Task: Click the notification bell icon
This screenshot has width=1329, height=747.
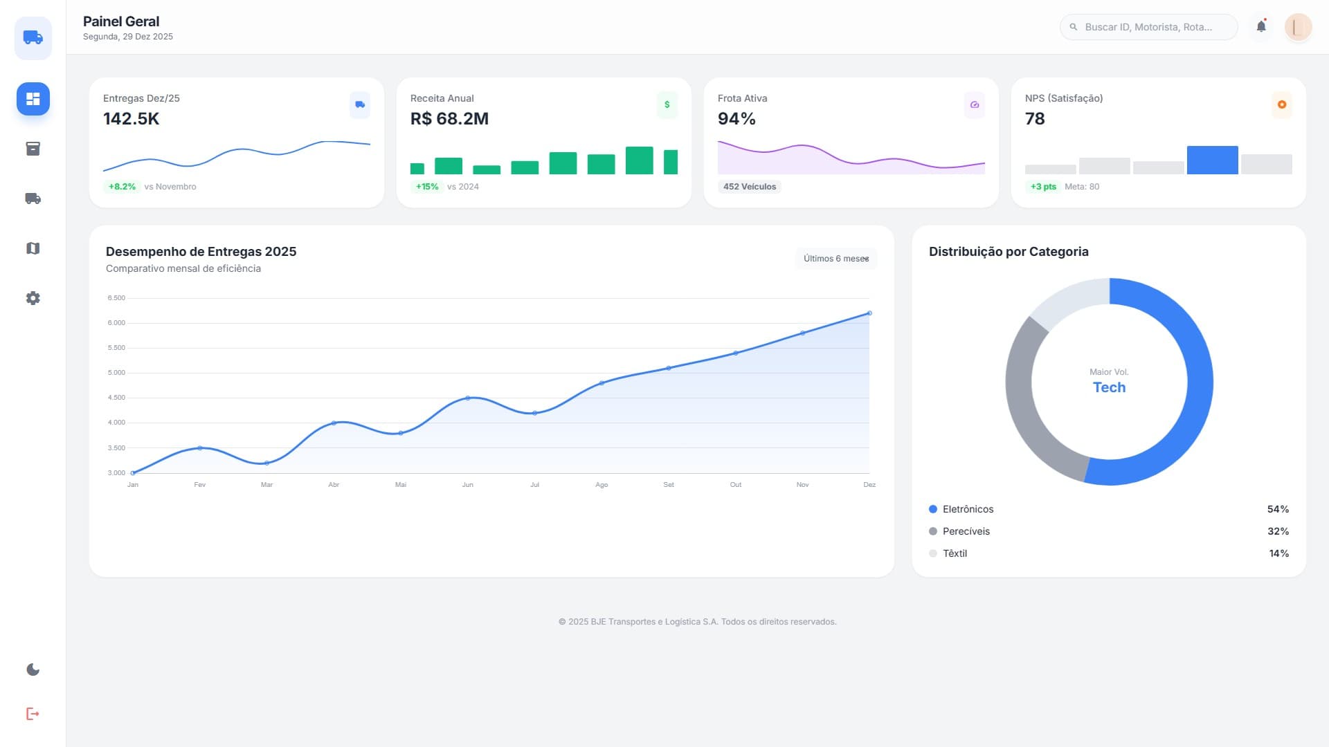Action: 1261,26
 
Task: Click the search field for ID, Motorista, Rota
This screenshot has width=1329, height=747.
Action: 1148,27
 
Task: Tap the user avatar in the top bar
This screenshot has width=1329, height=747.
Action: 1298,27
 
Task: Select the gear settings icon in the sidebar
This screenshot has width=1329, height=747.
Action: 33,298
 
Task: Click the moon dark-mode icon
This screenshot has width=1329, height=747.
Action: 33,670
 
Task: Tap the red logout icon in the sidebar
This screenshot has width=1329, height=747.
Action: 33,714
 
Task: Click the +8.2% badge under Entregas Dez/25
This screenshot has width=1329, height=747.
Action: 122,187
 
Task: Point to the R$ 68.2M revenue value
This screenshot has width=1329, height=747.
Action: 449,119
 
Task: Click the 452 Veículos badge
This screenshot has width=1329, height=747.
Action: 749,187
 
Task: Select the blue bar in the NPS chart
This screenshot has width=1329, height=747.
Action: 1212,160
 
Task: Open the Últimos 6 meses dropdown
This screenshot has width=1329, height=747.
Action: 835,259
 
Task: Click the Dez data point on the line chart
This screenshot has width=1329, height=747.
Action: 869,313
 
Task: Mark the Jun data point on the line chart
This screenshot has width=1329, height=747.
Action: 468,398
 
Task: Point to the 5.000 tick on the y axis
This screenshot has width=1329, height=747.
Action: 116,373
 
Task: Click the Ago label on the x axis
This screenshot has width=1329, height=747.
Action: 602,485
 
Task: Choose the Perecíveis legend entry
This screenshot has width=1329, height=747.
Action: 966,531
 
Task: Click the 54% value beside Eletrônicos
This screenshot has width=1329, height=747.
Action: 1278,509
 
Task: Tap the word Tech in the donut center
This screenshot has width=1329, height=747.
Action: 1109,387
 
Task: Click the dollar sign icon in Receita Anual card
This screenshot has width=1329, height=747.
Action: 667,104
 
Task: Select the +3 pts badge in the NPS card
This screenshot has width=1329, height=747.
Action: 1043,187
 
